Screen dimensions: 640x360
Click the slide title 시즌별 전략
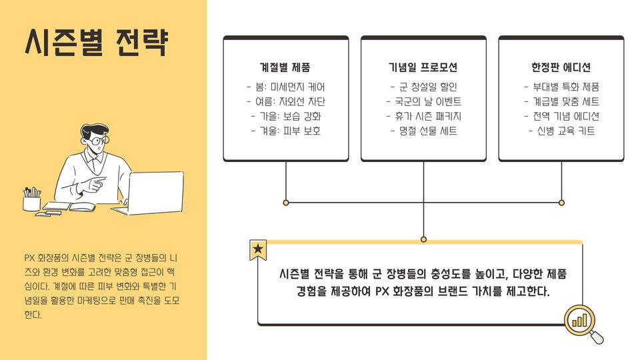(97, 43)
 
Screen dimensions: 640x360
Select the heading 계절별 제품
(285, 68)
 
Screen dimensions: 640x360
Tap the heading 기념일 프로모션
(423, 68)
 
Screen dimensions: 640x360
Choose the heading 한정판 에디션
(561, 68)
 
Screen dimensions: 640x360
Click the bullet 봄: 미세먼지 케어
(285, 87)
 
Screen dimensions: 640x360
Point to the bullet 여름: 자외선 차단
(285, 102)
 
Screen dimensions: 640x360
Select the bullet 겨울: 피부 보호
(285, 131)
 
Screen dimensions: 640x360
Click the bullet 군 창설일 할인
(423, 87)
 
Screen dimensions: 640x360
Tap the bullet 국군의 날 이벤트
(423, 102)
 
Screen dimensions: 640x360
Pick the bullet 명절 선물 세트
(423, 131)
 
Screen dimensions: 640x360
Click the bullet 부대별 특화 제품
(561, 87)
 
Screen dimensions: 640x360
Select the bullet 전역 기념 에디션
(561, 117)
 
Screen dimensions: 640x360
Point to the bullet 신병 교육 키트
(561, 131)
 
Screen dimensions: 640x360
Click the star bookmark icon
(258, 249)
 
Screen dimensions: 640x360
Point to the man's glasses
(98, 140)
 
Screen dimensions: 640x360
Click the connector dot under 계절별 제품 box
(285, 202)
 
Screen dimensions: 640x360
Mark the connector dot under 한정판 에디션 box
(561, 202)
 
